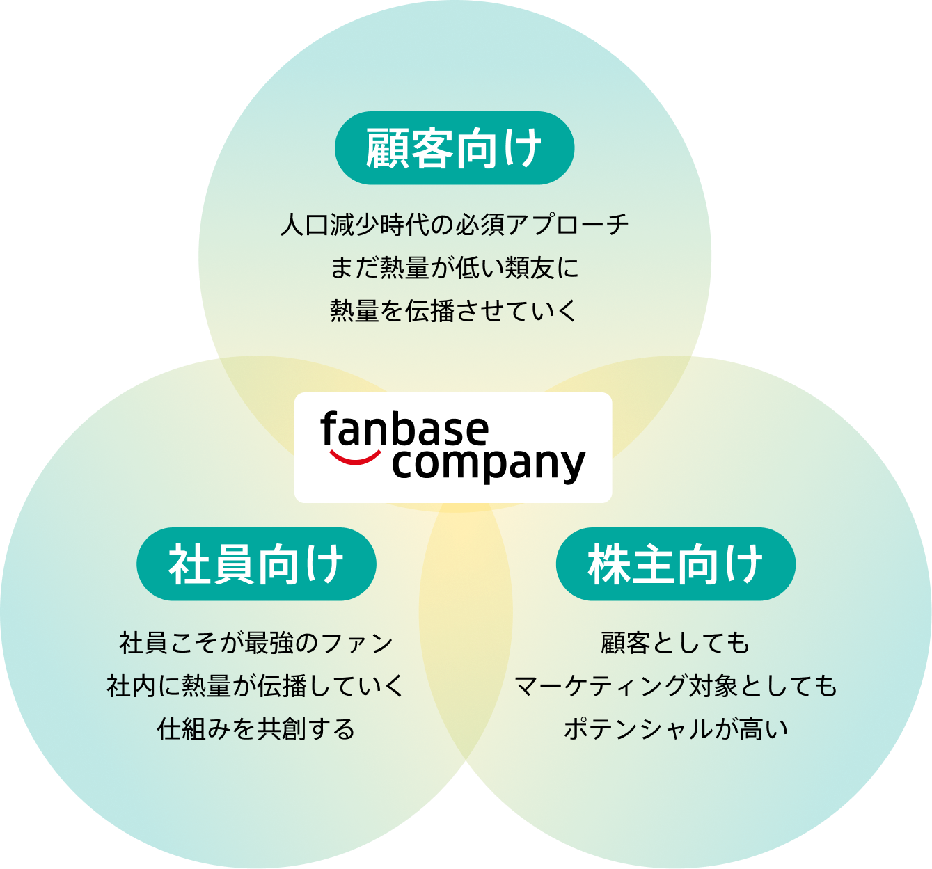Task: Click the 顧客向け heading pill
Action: point(454,148)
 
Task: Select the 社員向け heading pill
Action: point(256,564)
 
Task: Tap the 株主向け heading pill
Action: point(675,564)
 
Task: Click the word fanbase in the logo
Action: point(404,429)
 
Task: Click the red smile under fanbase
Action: point(355,457)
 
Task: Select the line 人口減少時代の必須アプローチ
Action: point(454,225)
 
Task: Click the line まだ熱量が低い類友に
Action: point(454,268)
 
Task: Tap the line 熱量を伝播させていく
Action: point(454,310)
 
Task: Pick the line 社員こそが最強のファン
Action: point(256,642)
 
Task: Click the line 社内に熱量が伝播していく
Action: point(255,685)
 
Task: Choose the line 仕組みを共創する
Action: point(256,728)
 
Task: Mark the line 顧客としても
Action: point(675,642)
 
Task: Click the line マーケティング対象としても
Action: point(675,685)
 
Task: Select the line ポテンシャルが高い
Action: point(675,728)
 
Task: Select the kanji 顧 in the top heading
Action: point(386,148)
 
